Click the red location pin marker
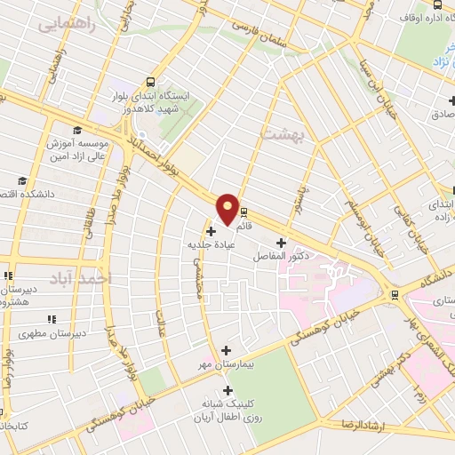tap(227, 208)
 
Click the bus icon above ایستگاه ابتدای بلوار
tap(150, 80)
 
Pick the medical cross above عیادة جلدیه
tap(210, 230)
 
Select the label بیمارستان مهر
tap(223, 364)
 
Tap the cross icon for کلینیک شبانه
tap(227, 389)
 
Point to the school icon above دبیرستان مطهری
tap(52, 318)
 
